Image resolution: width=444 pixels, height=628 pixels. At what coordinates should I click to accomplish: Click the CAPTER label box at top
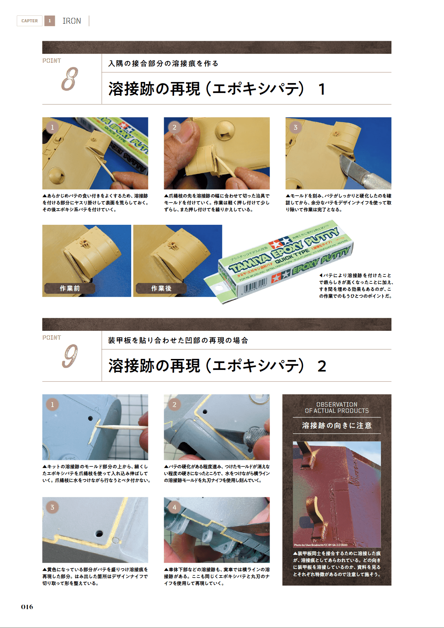pyautogui.click(x=29, y=21)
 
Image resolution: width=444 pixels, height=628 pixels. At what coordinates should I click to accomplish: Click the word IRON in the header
pyautogui.click(x=72, y=21)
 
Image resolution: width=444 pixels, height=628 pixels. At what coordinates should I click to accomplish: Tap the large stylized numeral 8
pyautogui.click(x=70, y=79)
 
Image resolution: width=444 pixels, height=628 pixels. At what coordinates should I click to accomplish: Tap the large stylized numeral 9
pyautogui.click(x=70, y=357)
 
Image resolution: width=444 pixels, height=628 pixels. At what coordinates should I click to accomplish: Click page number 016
pyautogui.click(x=27, y=607)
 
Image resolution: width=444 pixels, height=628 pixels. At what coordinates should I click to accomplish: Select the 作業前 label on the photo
pyautogui.click(x=70, y=288)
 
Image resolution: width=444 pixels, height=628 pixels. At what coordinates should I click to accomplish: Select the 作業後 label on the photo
pyautogui.click(x=161, y=288)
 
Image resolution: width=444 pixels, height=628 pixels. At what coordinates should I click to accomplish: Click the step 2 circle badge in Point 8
pyautogui.click(x=174, y=127)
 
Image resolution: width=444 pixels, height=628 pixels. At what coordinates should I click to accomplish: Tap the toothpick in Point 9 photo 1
pyautogui.click(x=120, y=428)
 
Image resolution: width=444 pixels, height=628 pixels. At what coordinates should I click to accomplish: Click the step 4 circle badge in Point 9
pyautogui.click(x=174, y=507)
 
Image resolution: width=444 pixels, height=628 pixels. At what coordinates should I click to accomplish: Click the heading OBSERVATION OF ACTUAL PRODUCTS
pyautogui.click(x=337, y=408)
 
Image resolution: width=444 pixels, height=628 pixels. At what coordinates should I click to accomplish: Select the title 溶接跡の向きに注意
pyautogui.click(x=337, y=426)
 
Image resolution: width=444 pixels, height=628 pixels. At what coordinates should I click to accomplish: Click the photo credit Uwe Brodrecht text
pyautogui.click(x=320, y=545)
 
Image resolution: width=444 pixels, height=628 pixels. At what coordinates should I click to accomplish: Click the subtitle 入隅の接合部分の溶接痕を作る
pyautogui.click(x=163, y=63)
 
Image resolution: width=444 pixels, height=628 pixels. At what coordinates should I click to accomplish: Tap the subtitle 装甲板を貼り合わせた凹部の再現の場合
pyautogui.click(x=178, y=340)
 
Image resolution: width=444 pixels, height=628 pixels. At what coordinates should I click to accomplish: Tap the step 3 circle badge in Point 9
pyautogui.click(x=52, y=507)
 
